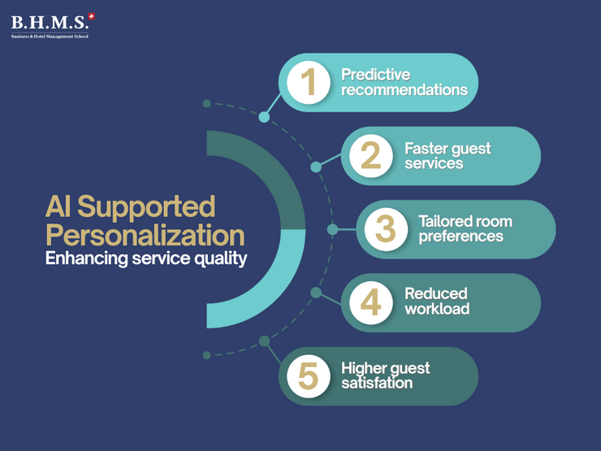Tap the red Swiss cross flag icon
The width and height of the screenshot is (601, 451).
pyautogui.click(x=91, y=15)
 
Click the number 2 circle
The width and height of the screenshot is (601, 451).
pyautogui.click(x=371, y=155)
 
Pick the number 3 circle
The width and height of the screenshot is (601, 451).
pyautogui.click(x=386, y=229)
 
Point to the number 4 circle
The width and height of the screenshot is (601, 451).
pyautogui.click(x=371, y=302)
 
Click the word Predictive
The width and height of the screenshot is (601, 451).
pyautogui.click(x=376, y=75)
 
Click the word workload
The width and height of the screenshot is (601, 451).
pyautogui.click(x=437, y=310)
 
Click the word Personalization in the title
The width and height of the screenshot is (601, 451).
pyautogui.click(x=145, y=236)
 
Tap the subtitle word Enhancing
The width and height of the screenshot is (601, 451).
pyautogui.click(x=84, y=260)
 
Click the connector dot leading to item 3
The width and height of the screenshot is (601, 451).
pyautogui.click(x=332, y=229)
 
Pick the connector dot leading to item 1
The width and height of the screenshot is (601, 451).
pyautogui.click(x=264, y=117)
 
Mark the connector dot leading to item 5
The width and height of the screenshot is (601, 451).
pyautogui.click(x=264, y=340)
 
